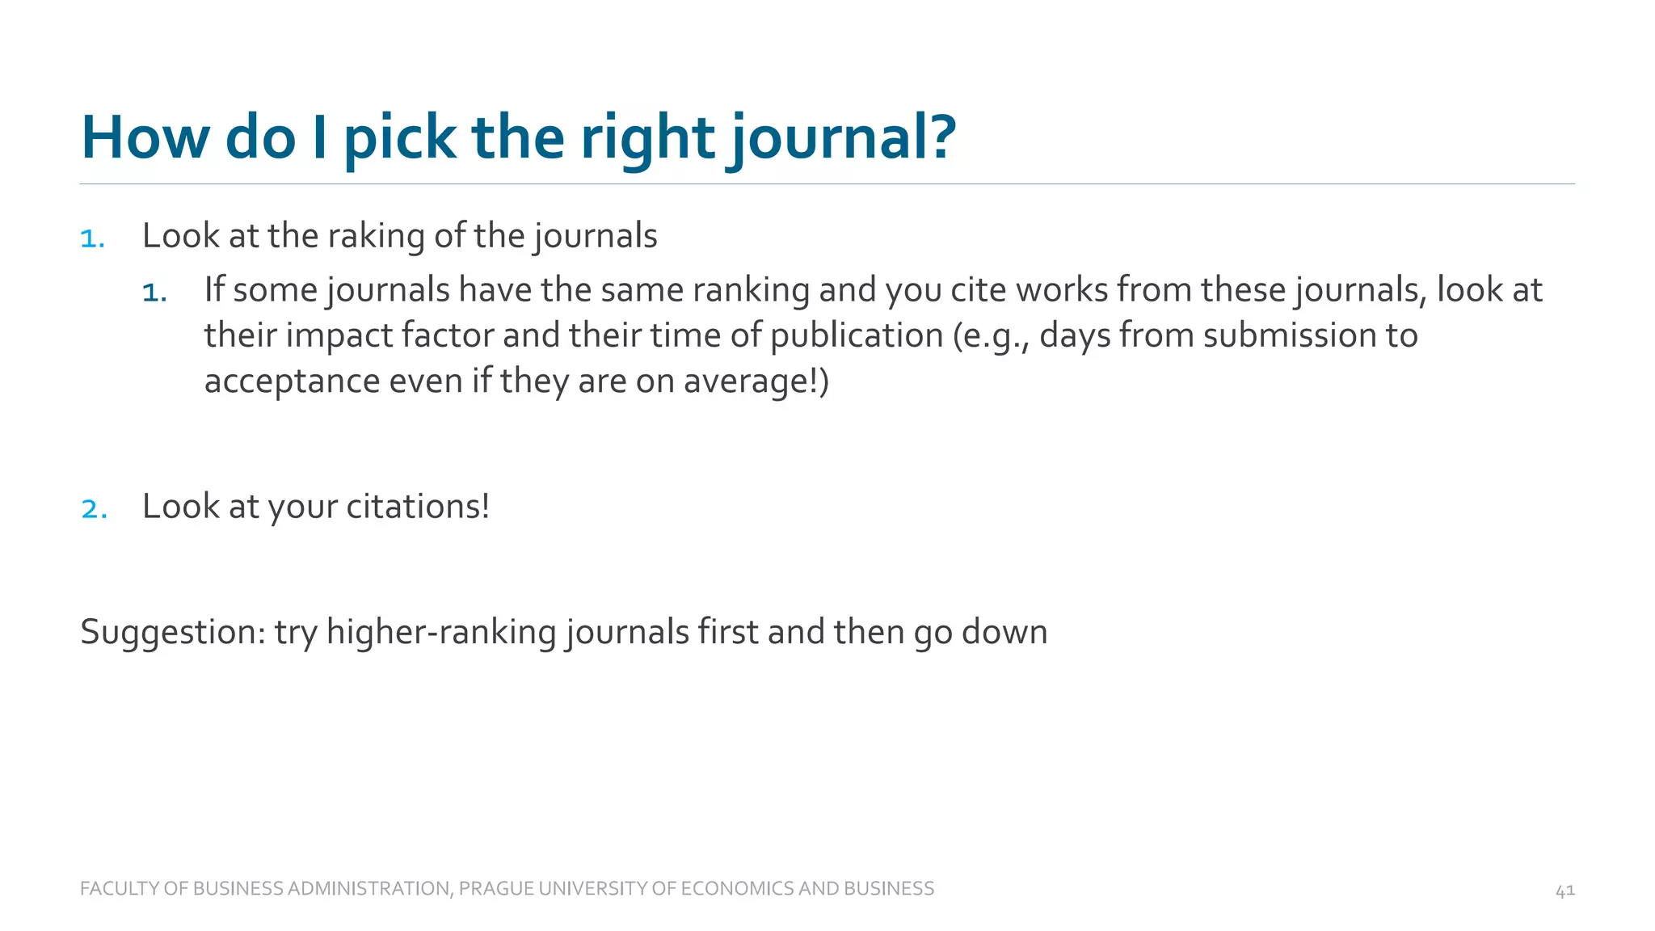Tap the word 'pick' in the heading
pos(400,137)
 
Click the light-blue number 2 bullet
pos(94,508)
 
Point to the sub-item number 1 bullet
pos(154,292)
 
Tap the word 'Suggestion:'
pos(173,632)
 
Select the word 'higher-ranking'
pos(441,632)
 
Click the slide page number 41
pos(1564,891)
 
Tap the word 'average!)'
pos(756,381)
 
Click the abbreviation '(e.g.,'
pos(991,335)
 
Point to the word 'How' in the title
pos(145,137)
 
